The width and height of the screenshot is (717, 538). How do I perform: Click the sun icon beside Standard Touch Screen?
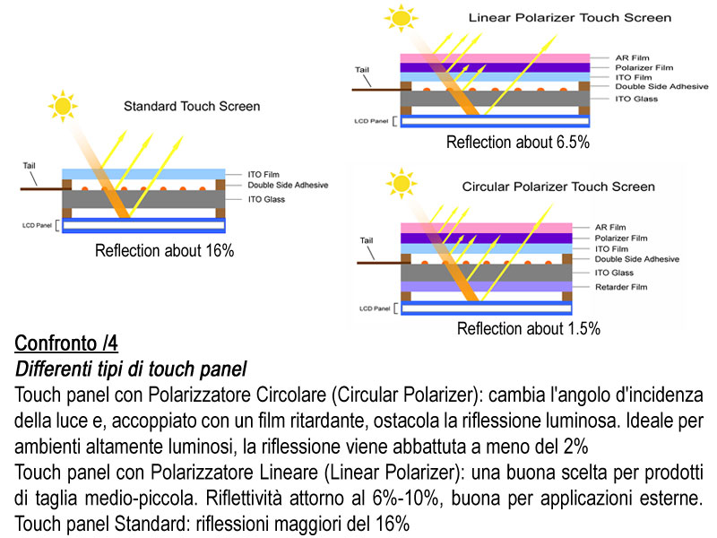63,106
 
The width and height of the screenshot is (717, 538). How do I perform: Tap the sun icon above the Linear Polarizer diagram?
401,17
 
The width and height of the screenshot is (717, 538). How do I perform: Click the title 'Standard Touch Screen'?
192,106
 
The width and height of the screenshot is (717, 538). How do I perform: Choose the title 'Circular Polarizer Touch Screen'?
558,187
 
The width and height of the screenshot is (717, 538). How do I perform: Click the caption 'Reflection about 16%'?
164,251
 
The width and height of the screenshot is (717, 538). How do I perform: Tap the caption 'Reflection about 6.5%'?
517,143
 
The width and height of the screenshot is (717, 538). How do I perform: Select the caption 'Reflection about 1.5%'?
528,329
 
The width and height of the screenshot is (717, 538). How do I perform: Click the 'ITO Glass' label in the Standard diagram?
267,199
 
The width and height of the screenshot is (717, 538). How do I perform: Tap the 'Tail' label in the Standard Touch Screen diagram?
30,166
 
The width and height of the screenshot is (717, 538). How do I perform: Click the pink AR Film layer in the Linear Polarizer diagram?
494,56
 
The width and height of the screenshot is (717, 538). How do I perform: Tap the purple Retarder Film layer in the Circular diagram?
485,287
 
